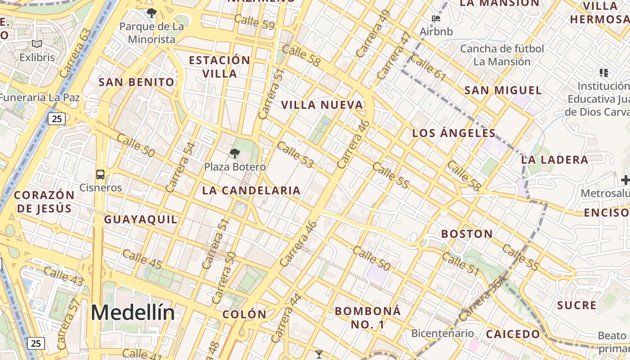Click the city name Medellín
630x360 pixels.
(133, 312)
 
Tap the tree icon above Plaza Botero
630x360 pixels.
(234, 153)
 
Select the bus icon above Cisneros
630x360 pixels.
(100, 175)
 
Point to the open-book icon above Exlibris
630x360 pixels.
(37, 44)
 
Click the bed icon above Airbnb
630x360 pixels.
(436, 18)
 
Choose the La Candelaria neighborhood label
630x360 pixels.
(251, 190)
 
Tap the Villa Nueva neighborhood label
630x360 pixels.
(322, 105)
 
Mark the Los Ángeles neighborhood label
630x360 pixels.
(454, 133)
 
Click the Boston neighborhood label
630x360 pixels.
(467, 234)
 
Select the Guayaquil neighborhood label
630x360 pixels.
(141, 220)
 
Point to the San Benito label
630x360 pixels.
(136, 82)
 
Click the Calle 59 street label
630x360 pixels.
(254, 22)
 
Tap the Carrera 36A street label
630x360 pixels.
(484, 299)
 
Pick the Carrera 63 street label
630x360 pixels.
(75, 53)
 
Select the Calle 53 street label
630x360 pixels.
(295, 155)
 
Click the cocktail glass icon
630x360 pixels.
(319, 355)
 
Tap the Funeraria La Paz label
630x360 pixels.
(40, 98)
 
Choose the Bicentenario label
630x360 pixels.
(442, 333)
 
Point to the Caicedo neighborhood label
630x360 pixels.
(513, 334)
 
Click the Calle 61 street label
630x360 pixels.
(428, 68)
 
